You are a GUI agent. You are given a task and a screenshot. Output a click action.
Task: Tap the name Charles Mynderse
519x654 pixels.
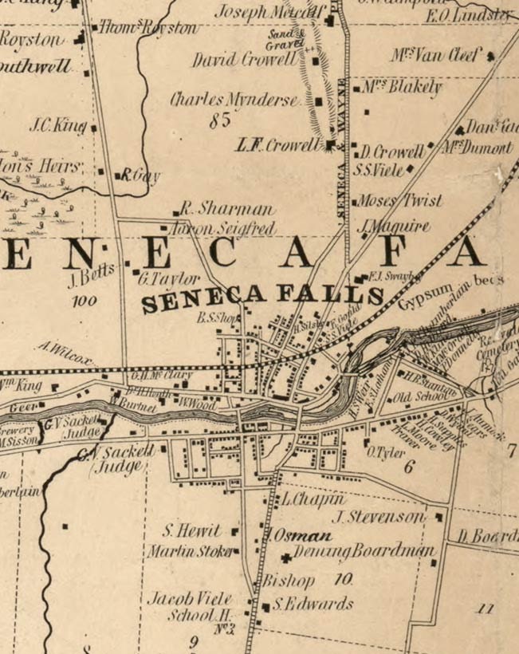coord(234,100)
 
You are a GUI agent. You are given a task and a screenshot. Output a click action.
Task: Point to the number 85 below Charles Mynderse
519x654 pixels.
coord(220,121)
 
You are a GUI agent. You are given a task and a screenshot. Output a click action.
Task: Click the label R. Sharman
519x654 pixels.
coord(226,210)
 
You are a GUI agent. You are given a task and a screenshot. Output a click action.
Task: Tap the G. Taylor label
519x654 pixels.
coord(168,279)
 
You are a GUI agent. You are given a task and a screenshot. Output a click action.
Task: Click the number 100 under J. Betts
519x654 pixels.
coord(83,301)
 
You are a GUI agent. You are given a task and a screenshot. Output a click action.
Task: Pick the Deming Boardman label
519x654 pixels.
coord(364,552)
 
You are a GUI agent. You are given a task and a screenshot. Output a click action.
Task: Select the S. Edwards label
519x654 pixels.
coord(313,605)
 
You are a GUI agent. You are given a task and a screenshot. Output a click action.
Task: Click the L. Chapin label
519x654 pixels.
coord(313,499)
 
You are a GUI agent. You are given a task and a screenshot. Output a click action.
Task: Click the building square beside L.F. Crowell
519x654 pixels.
coord(330,144)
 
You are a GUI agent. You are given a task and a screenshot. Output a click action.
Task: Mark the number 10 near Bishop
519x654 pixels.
coord(344,579)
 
